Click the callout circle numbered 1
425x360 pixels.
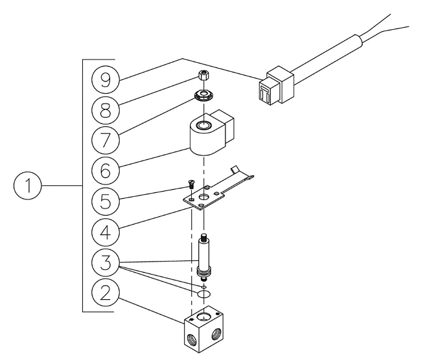(x=28, y=186)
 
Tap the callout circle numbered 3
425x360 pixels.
(x=106, y=262)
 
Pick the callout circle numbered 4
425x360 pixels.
(x=106, y=232)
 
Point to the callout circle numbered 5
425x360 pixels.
(x=106, y=201)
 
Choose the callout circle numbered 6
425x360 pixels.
(x=106, y=171)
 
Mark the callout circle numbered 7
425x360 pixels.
(x=106, y=141)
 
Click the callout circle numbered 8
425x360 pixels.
(x=106, y=110)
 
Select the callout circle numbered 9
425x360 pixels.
(x=106, y=80)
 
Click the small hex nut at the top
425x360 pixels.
(x=203, y=74)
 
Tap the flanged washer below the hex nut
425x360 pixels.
(x=203, y=96)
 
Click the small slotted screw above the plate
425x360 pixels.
(x=191, y=185)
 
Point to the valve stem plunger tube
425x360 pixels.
(x=203, y=257)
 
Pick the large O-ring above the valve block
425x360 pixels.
(x=203, y=293)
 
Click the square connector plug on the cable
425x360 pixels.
(x=276, y=85)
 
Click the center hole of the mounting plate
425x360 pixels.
(x=203, y=196)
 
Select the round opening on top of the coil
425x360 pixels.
(x=204, y=125)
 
